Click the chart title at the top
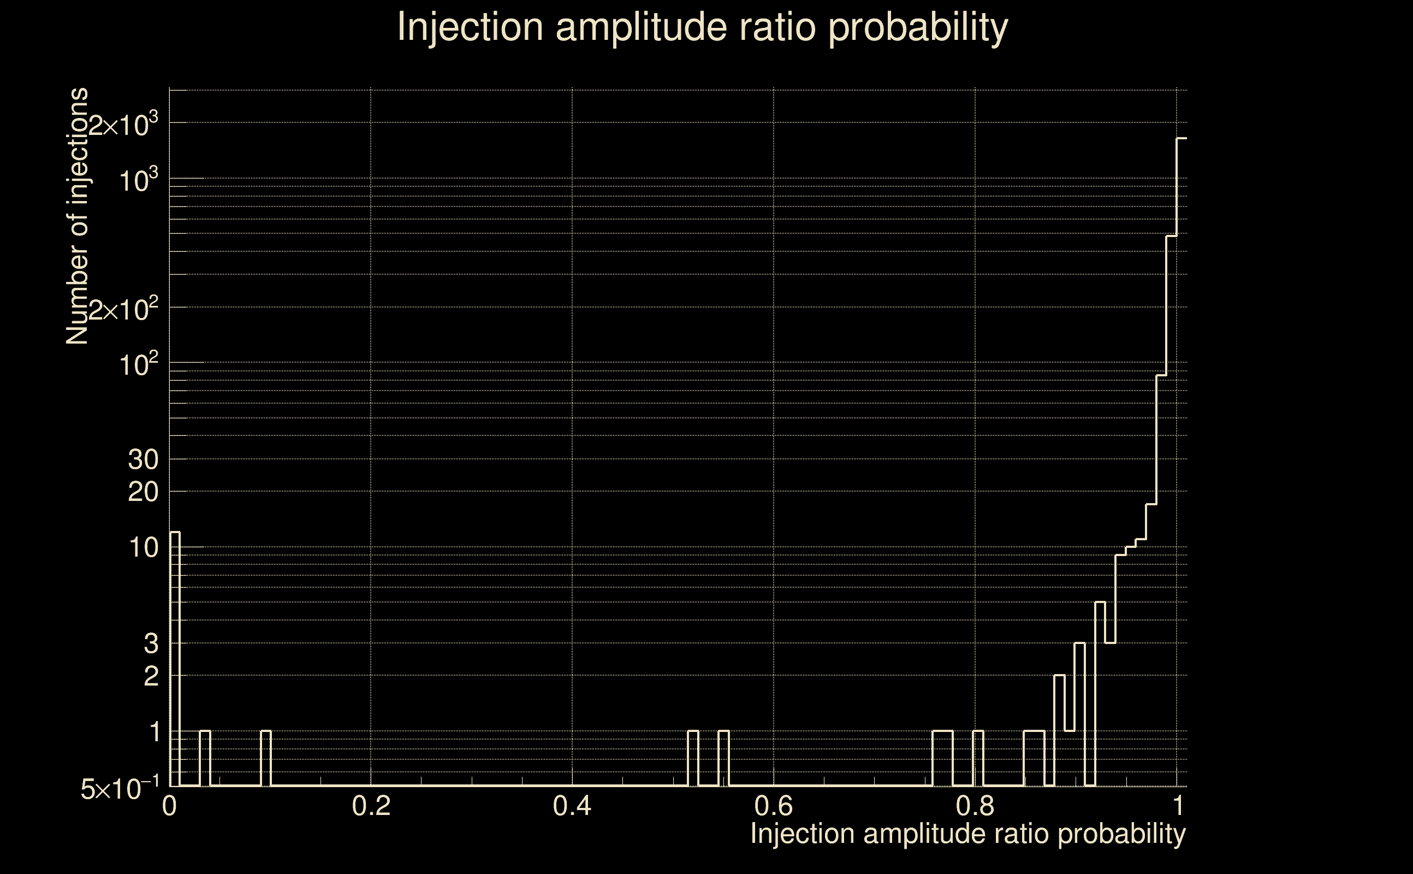703,27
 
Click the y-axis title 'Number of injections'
78,216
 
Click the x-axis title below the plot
967,834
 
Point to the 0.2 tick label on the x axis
371,806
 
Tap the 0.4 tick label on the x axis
572,806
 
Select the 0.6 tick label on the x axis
774,806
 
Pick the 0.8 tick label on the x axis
975,806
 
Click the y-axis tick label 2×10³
123,125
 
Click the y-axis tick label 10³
139,180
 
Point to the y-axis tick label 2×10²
123,310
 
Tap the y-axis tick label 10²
139,365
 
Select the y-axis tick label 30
143,460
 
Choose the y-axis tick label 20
143,493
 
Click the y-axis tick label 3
151,643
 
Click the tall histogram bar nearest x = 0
175,659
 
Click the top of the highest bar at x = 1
1182,139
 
